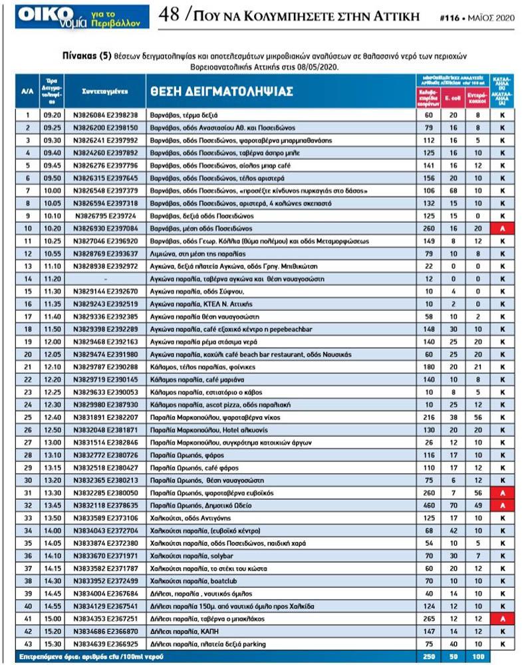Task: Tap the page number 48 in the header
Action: pos(168,14)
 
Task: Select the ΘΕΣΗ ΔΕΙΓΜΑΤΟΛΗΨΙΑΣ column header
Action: pos(220,91)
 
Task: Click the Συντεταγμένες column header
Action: pos(104,90)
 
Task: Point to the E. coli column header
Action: pos(453,98)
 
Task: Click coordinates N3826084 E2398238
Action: pos(105,115)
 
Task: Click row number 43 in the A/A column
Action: pos(27,644)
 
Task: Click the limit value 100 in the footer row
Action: pos(477,656)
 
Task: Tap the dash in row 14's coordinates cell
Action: pos(105,279)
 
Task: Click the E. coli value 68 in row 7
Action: pos(453,190)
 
